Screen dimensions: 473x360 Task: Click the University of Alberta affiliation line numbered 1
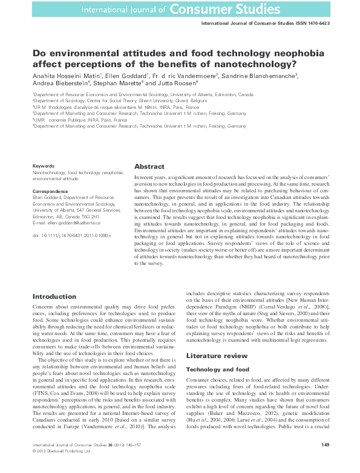point(143,95)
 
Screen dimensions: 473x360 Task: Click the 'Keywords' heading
point(43,165)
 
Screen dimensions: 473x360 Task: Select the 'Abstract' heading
point(149,166)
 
